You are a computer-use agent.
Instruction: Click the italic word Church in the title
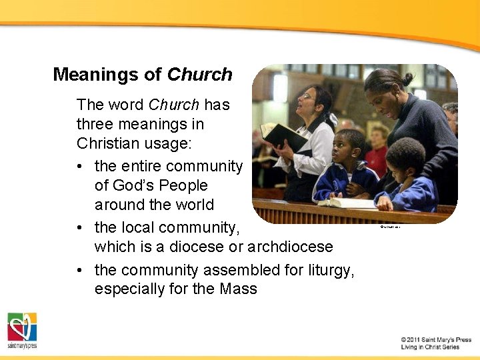coord(199,74)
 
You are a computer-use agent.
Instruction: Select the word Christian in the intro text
coord(105,143)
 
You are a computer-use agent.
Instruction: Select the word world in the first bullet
coord(192,205)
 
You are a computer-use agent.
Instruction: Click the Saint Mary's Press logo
coord(22,330)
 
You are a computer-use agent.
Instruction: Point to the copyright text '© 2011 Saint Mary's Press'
coord(436,340)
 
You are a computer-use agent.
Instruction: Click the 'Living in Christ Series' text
coord(430,347)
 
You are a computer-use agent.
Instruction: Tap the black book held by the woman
coord(283,137)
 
